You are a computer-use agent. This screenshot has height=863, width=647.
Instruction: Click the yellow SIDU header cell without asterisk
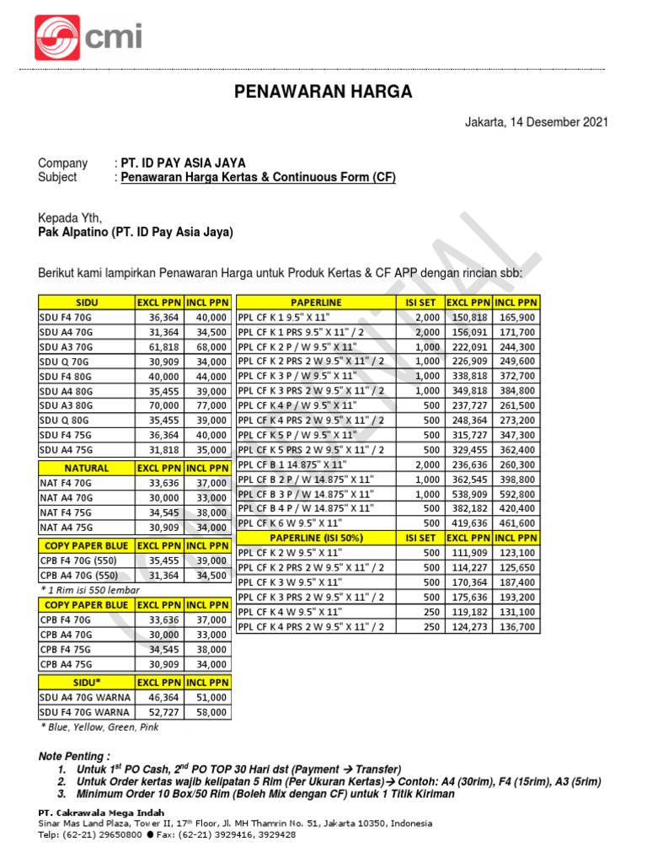coord(87,302)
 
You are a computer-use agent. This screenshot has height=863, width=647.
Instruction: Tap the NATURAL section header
coord(87,468)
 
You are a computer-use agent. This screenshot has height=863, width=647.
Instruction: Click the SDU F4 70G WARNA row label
coord(80,712)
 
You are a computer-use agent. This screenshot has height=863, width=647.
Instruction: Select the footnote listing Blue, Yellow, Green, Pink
coord(99,726)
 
